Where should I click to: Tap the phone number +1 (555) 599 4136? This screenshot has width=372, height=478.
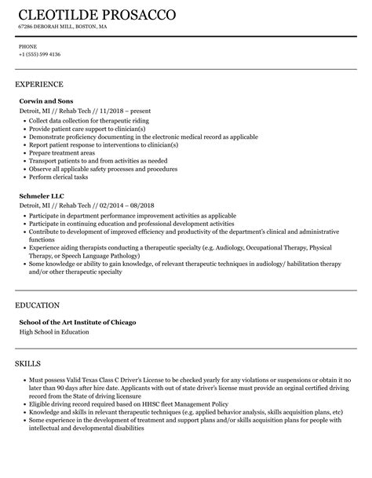(40, 54)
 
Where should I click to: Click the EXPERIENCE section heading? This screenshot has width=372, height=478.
(39, 84)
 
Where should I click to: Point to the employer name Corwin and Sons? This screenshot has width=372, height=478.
(46, 101)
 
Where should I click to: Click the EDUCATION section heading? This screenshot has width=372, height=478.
(38, 304)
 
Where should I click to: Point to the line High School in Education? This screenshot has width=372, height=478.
(54, 331)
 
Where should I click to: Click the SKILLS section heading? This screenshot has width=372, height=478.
(30, 363)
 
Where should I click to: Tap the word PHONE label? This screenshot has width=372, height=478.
(27, 46)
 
